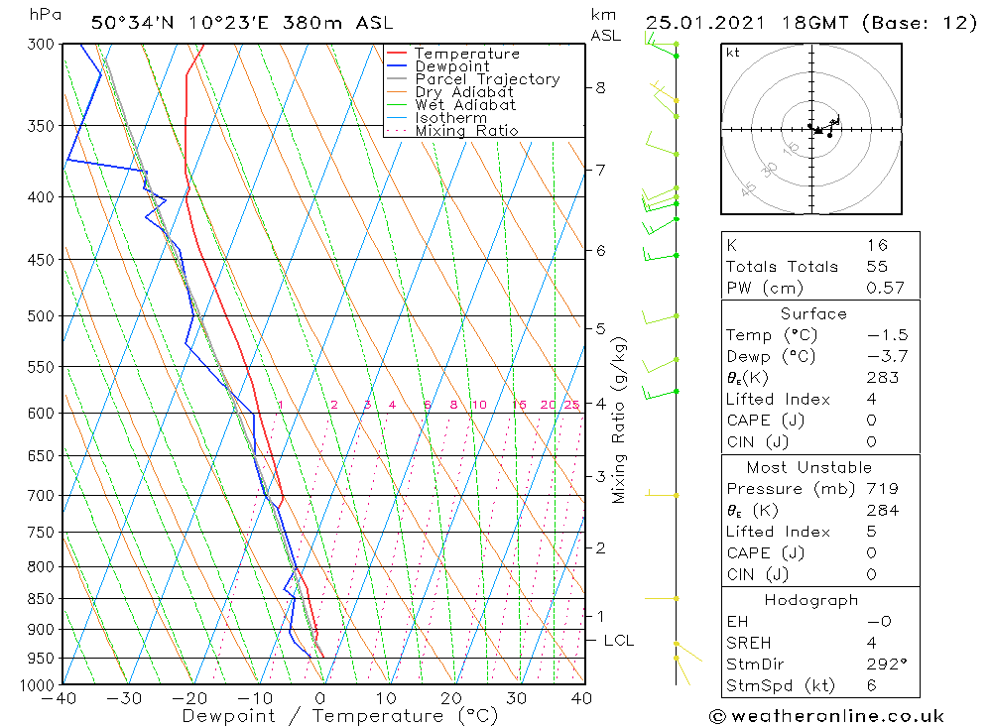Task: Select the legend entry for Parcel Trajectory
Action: pos(486,79)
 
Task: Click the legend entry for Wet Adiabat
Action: pos(464,105)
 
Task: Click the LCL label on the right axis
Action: pos(618,641)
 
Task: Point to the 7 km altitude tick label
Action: pos(600,171)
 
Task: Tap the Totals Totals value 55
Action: pos(877,267)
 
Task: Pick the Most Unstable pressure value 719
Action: pos(881,489)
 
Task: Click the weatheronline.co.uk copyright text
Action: pos(826,716)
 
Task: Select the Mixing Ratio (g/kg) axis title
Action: pos(620,421)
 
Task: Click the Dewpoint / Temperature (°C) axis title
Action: pos(339,716)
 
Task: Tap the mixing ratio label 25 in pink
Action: pos(571,405)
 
